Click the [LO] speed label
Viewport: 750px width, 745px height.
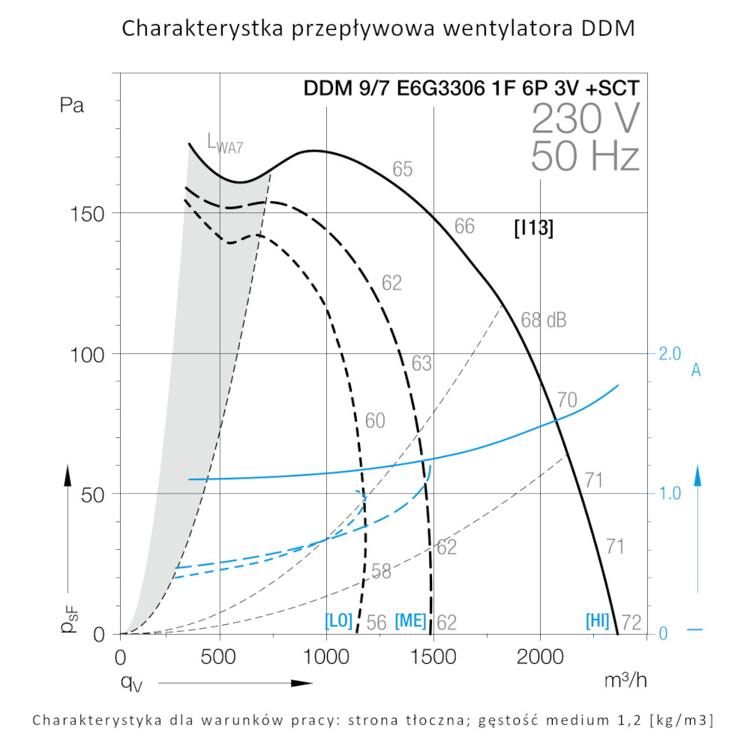pyautogui.click(x=338, y=621)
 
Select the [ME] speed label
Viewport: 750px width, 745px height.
pyautogui.click(x=410, y=621)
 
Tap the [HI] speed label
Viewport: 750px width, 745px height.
pyautogui.click(x=598, y=621)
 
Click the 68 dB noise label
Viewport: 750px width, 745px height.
pyautogui.click(x=544, y=320)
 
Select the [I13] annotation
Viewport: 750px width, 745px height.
pyautogui.click(x=534, y=229)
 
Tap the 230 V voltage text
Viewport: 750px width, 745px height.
pyautogui.click(x=586, y=119)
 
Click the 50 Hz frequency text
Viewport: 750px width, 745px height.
pyautogui.click(x=585, y=158)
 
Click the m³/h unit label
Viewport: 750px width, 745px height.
pyautogui.click(x=625, y=680)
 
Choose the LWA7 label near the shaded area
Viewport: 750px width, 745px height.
pyautogui.click(x=225, y=143)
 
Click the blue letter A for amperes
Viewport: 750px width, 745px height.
pyautogui.click(x=696, y=371)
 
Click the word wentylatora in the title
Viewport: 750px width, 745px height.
pyautogui.click(x=496, y=29)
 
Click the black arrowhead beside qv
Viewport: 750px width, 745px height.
pyautogui.click(x=301, y=683)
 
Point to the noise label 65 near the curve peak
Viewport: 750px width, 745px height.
pyautogui.click(x=403, y=170)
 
